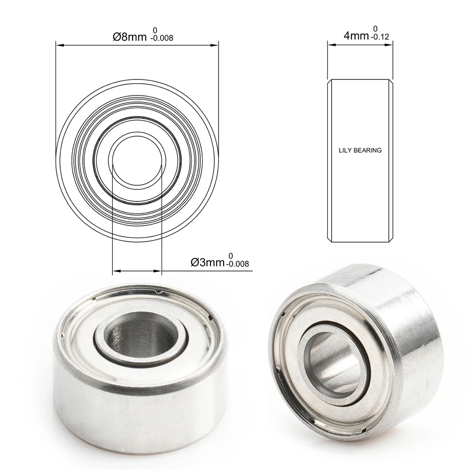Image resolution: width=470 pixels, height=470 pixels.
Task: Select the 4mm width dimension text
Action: [356, 36]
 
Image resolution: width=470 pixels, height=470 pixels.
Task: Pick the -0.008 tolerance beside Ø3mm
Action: [237, 264]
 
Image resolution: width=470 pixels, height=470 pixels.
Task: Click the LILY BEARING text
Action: [360, 151]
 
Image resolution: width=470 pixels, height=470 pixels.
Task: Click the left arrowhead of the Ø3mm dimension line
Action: [116, 271]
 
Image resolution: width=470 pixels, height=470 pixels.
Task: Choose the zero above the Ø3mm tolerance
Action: [231, 256]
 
